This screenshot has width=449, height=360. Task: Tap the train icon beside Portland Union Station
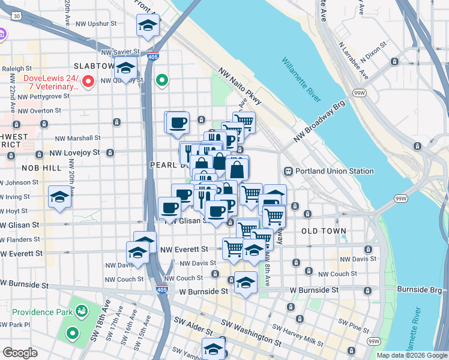tap(288, 171)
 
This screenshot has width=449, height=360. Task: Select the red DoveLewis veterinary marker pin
tap(88, 80)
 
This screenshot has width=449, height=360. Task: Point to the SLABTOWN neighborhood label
tap(94, 65)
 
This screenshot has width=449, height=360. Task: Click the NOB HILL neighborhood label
tap(42, 168)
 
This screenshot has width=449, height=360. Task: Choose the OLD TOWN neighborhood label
tap(324, 231)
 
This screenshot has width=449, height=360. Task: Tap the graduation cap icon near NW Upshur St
tap(146, 26)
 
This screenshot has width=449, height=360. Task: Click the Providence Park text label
tap(37, 312)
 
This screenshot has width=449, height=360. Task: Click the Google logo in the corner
tap(20, 353)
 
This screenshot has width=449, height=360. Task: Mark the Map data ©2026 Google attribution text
tap(411, 355)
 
